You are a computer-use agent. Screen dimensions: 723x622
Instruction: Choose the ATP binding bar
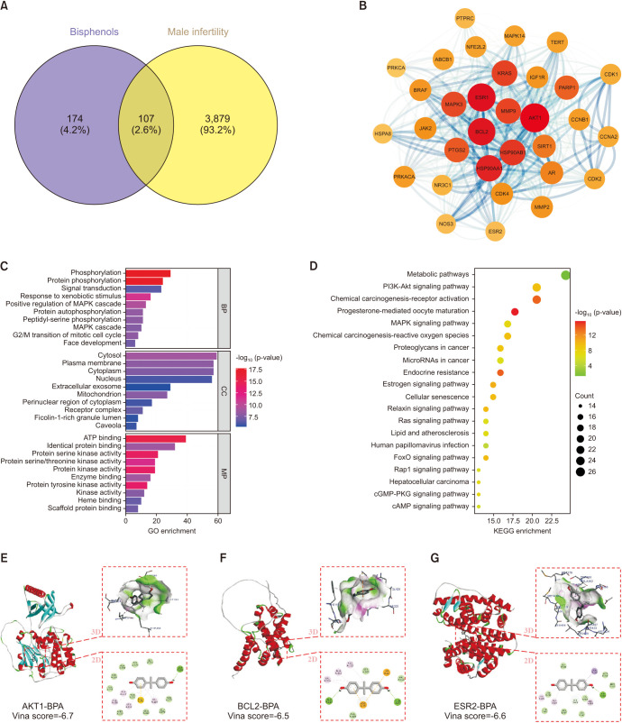coord(155,439)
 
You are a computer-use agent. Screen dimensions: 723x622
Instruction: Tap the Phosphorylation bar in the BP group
coord(148,272)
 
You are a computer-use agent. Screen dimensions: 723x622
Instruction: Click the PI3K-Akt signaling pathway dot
coord(536,287)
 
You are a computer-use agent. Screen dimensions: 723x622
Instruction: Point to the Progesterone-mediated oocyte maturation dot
coord(515,311)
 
